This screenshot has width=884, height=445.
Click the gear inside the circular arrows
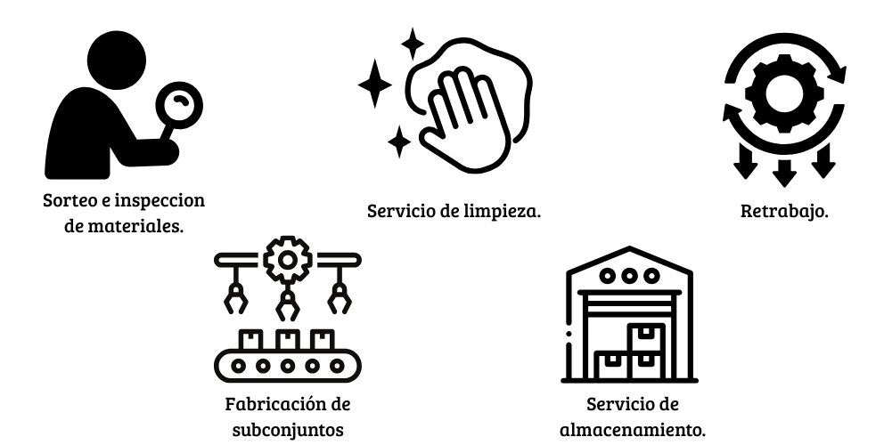point(783,88)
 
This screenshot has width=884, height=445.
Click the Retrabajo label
point(784,212)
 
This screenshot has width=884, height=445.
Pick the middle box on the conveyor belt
point(287,339)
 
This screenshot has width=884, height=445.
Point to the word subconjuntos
point(286,429)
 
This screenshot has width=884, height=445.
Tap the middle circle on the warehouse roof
point(631,275)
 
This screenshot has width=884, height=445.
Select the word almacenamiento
point(632,429)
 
